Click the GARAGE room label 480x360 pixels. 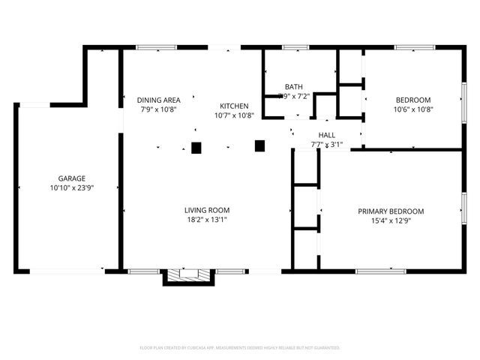click(x=66, y=178)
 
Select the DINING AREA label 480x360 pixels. click(x=158, y=100)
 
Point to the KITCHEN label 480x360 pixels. click(x=234, y=106)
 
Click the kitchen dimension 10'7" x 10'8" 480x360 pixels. click(x=234, y=115)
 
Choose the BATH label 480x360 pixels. click(x=293, y=86)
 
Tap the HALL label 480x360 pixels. click(x=326, y=135)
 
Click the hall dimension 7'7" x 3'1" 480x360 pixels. click(x=326, y=144)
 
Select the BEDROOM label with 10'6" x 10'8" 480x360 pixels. click(x=413, y=100)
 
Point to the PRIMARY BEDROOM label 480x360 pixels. click(x=390, y=211)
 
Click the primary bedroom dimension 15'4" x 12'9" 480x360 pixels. click(x=390, y=220)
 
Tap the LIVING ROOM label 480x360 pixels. click(x=207, y=210)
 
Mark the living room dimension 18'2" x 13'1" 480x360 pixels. click(x=207, y=220)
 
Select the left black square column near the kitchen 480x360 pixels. click(x=196, y=148)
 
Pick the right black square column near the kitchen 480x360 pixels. click(x=260, y=145)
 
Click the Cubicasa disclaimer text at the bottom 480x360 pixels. click(x=240, y=348)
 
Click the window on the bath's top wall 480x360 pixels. click(x=295, y=48)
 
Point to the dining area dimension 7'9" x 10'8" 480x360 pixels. click(x=158, y=109)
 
